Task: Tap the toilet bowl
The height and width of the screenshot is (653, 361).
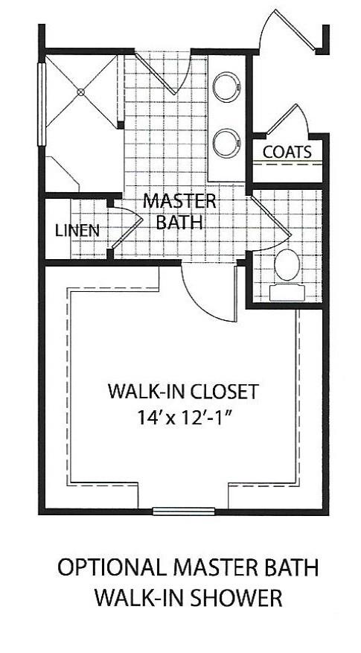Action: coord(287,264)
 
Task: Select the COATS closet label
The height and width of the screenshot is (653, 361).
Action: coord(287,152)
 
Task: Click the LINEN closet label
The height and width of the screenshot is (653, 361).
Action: coord(77,230)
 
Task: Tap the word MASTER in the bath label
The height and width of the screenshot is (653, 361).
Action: coord(179,201)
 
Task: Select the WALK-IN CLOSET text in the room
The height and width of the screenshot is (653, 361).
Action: coord(182,391)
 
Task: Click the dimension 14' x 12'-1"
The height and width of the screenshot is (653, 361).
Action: coord(182,416)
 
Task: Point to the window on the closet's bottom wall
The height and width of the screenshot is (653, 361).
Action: coord(182,512)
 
